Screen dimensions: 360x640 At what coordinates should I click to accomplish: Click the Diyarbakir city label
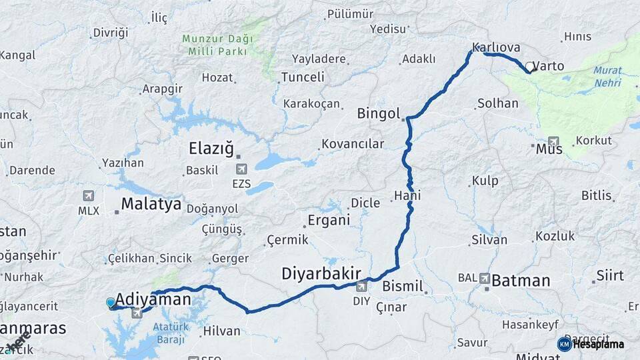[x=321, y=273]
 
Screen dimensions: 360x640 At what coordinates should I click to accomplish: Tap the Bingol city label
[x=378, y=113]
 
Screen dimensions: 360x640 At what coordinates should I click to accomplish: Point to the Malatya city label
[x=151, y=204]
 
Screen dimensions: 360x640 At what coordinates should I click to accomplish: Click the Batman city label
[x=521, y=281]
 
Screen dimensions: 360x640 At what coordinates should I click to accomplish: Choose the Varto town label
[x=549, y=66]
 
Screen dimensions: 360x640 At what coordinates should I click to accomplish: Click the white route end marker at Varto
[x=529, y=67]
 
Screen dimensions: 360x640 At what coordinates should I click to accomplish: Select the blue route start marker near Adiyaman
[x=111, y=303]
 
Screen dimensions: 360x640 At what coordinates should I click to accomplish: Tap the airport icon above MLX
[x=88, y=196]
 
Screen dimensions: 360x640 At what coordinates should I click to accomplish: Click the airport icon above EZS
[x=241, y=169]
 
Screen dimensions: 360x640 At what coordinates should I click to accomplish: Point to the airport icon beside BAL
[x=484, y=278]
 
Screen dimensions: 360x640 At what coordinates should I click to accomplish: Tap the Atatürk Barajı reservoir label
[x=168, y=333]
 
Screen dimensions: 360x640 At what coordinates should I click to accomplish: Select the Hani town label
[x=407, y=195]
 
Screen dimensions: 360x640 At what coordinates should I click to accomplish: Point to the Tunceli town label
[x=303, y=77]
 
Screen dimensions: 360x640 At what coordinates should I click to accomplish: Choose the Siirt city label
[x=610, y=275]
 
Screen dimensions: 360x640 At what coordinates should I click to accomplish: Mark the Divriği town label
[x=110, y=33]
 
